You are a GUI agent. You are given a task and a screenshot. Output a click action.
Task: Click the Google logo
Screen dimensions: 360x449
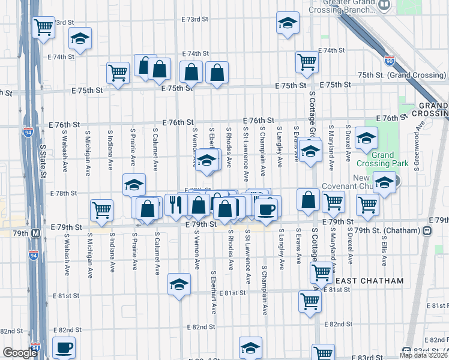[x=19, y=353]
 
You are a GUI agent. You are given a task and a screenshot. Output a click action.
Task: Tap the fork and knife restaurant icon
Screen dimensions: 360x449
[x=176, y=205]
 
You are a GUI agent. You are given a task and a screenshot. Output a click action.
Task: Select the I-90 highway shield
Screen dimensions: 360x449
[x=389, y=61]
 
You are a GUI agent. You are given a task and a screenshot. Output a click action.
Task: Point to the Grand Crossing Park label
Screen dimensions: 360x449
[x=390, y=159]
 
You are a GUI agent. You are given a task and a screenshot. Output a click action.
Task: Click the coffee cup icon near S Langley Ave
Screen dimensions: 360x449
[x=266, y=209]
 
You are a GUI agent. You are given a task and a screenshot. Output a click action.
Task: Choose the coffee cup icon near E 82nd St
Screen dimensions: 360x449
[x=63, y=347]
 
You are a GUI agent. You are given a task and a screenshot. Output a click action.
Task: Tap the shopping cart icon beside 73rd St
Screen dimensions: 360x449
[x=44, y=26]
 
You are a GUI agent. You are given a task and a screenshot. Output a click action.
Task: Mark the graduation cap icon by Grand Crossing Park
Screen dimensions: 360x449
[x=366, y=139]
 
